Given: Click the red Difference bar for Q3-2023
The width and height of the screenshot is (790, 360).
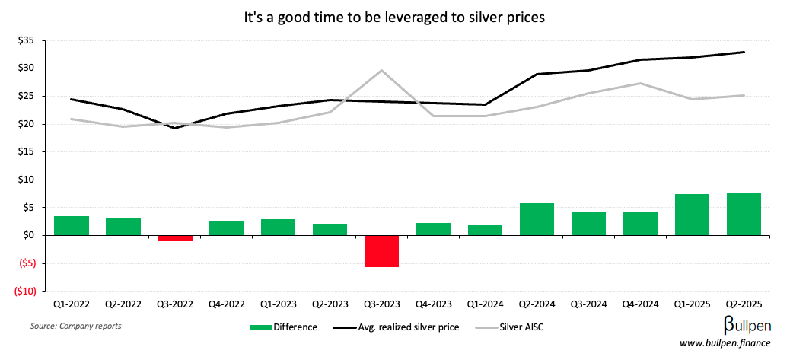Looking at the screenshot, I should pos(381,251).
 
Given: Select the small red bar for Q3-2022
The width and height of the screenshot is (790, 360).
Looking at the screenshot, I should pos(175,238).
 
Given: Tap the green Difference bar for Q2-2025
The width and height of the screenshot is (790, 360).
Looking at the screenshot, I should pos(743,214).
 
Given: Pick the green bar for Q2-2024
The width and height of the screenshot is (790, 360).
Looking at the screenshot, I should pos(537,219).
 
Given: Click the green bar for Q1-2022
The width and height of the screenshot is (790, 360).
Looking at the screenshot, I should pos(72,226).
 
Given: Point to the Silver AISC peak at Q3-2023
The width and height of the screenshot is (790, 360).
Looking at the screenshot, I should pos(381,70).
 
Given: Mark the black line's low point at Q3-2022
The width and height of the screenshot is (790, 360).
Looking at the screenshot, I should pos(175,128).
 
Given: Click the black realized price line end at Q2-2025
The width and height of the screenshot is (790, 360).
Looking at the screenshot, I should pos(743,52).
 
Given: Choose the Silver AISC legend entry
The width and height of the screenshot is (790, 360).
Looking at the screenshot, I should pos(511,327).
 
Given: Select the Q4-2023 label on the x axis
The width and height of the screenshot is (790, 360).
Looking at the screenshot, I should pos(433,304).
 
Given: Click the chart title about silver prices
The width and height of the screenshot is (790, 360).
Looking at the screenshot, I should pos(394,18).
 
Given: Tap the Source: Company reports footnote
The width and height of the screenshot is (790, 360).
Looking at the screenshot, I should pos(75,326).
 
